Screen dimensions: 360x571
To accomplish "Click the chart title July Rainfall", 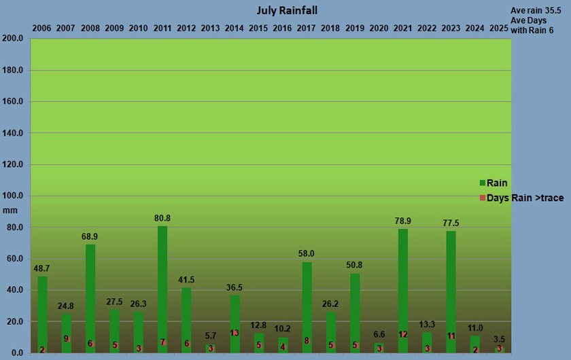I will pos(287,10).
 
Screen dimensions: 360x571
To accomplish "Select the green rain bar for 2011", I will pos(162,285).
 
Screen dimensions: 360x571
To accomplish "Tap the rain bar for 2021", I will pos(403,285).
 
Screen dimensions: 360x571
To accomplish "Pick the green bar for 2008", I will pos(90,292).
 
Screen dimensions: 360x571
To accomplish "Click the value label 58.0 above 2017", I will pos(306,253).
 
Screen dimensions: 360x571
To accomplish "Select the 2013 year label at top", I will pos(210,28).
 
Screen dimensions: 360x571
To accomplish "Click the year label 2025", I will pos(498,28).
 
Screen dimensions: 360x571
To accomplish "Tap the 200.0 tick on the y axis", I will pos(14,39).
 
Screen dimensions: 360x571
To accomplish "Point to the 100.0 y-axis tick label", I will pos(14,196).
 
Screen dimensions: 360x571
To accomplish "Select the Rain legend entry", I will pos(497,183).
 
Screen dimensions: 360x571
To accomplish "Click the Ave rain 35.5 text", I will pos(536,11).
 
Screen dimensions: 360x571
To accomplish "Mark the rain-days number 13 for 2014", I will pos(235,333).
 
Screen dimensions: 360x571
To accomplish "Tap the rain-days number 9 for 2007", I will pos(66,338).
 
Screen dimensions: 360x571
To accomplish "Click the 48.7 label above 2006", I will pos(41,268).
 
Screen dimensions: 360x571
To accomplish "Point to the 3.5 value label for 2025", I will pos(498,338).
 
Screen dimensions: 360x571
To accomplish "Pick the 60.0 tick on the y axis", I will pos(16,259).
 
